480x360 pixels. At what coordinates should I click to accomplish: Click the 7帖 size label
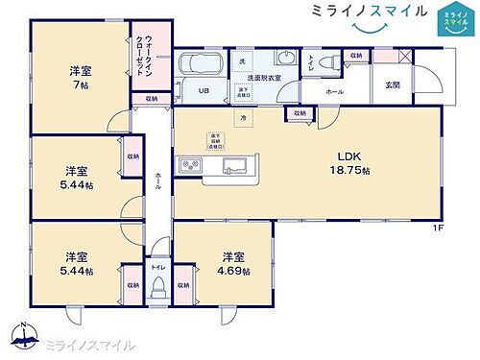pyautogui.click(x=81, y=85)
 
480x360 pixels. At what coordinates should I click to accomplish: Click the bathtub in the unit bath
pyautogui.click(x=201, y=67)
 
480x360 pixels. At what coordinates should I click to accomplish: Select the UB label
pyautogui.click(x=204, y=91)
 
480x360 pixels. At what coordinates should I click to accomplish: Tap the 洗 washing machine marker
pyautogui.click(x=242, y=60)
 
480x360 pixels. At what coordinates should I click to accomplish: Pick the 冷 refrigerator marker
pyautogui.click(x=244, y=118)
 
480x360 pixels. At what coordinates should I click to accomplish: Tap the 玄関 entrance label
pyautogui.click(x=393, y=84)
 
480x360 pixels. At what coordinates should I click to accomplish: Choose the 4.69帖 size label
pyautogui.click(x=232, y=272)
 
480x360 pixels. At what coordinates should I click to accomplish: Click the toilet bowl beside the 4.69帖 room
pyautogui.click(x=158, y=286)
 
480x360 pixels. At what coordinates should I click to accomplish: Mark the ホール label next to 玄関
pyautogui.click(x=334, y=92)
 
